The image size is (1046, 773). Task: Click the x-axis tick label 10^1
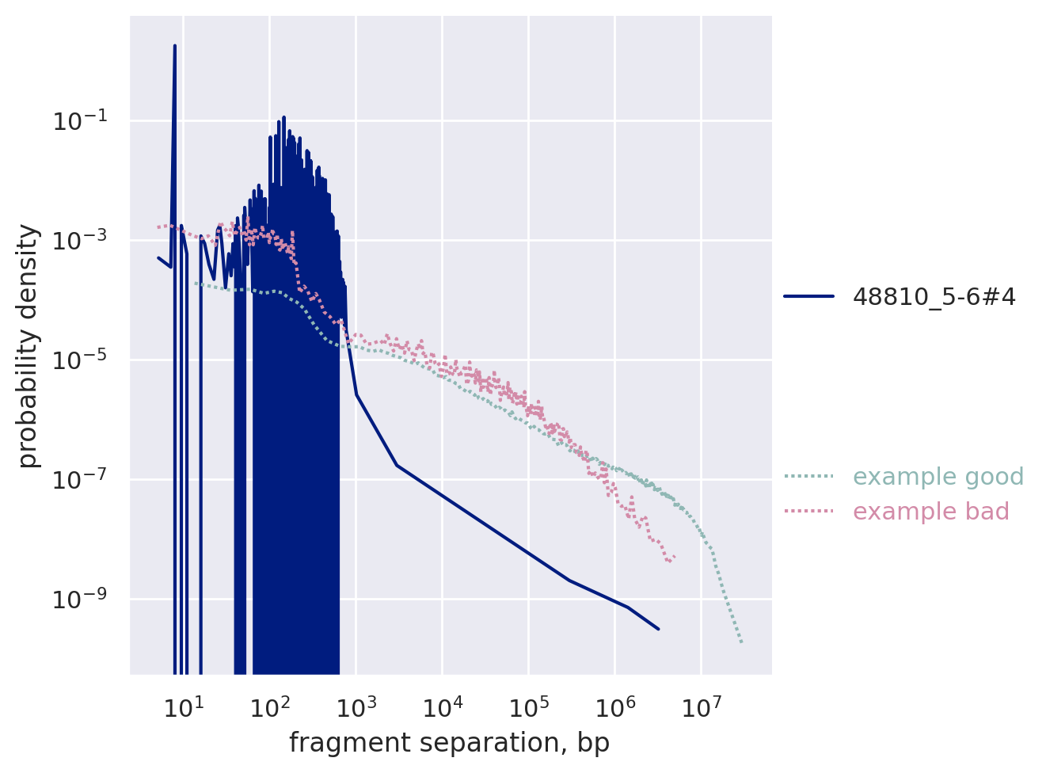pyautogui.click(x=184, y=706)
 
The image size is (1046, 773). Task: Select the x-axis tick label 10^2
pyautogui.click(x=270, y=706)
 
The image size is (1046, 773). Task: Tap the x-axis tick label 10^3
pyautogui.click(x=356, y=706)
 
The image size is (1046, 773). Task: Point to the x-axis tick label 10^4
pyautogui.click(x=443, y=706)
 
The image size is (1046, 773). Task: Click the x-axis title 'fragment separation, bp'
pyautogui.click(x=449, y=743)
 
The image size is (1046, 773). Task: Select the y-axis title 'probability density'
pyautogui.click(x=29, y=346)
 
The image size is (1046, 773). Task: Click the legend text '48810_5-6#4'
pyautogui.click(x=934, y=297)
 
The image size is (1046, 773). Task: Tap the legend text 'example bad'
pyautogui.click(x=930, y=512)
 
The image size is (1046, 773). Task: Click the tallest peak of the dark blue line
pyautogui.click(x=175, y=46)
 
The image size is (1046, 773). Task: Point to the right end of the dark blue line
pyautogui.click(x=659, y=629)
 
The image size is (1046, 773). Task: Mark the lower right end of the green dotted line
pyautogui.click(x=742, y=642)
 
